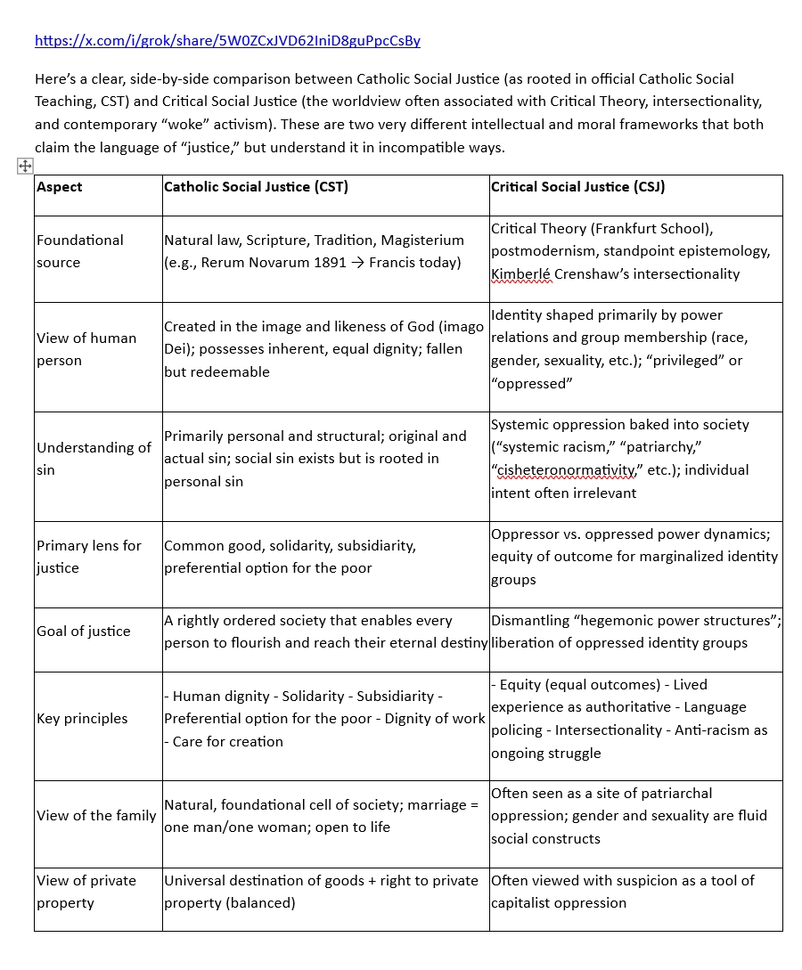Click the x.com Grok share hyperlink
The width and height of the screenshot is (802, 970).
pos(227,40)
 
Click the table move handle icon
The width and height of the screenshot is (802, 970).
pos(25,166)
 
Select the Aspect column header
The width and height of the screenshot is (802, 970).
pos(60,187)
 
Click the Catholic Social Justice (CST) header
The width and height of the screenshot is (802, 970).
pos(256,187)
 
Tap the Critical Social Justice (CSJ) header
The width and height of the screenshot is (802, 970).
pos(577,187)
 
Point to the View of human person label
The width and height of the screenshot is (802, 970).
pos(86,349)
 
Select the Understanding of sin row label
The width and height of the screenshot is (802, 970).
pos(94,458)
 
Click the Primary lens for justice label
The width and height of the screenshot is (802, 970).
pos(88,557)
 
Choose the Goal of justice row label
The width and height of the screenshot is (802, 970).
pos(83,632)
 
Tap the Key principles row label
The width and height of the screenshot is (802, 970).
pos(82,719)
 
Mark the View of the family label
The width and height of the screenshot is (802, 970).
pos(96,816)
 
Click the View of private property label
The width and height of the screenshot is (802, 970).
pos(86,892)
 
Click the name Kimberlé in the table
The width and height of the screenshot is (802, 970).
pos(521,274)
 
